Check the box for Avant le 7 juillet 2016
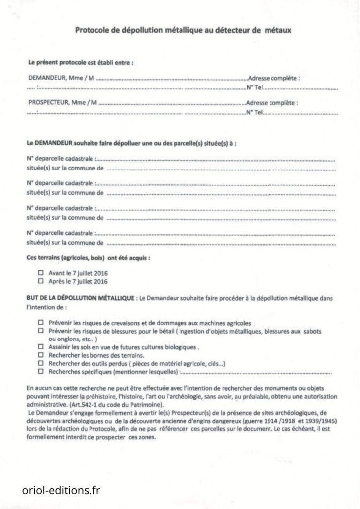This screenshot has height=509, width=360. (41, 273)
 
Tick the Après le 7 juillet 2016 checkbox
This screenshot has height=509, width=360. (41, 281)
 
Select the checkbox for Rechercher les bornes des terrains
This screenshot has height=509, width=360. (41, 356)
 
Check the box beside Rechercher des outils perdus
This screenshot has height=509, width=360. (41, 364)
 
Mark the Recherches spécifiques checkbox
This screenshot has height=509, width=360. (41, 372)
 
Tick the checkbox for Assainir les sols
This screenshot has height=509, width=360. (41, 347)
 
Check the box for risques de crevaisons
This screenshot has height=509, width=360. (41, 323)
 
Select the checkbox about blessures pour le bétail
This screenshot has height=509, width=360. (41, 331)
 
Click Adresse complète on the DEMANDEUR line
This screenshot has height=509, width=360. (273, 79)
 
